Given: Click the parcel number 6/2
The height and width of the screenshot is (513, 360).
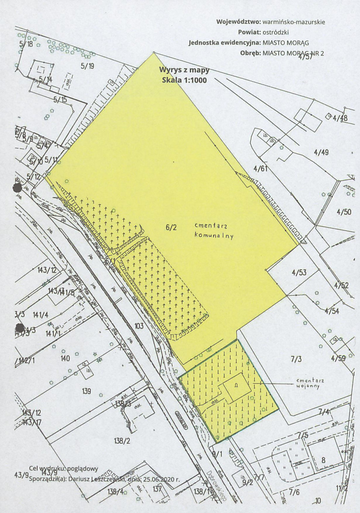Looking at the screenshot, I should pos(170,228).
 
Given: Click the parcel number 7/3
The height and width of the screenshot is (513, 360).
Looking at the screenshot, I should pos(297,359).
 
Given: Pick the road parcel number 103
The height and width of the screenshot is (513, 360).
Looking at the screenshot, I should pos(139,326).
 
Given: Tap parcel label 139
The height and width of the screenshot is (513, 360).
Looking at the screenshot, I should pos(86,391).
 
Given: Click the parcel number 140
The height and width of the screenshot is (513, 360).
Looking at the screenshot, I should pos(65,358).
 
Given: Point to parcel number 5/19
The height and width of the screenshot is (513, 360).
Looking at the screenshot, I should pos(87,66).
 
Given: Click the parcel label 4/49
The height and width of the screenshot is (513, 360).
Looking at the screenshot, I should pos(321,152).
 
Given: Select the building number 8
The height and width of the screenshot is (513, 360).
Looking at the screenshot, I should pos(323,460).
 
